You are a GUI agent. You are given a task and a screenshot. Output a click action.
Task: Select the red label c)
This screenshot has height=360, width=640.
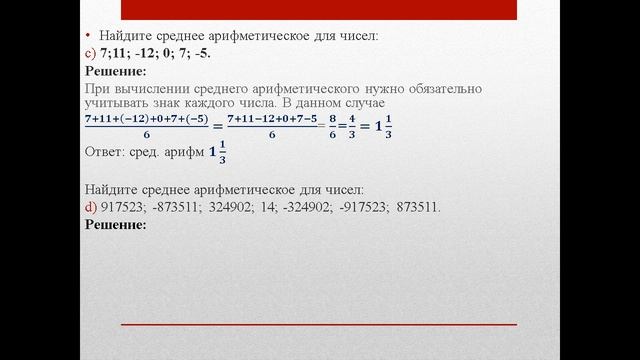point(90,54)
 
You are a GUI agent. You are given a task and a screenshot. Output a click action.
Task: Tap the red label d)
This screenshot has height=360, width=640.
point(90,207)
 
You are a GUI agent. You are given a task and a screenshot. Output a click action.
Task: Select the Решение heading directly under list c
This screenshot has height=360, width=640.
point(116,71)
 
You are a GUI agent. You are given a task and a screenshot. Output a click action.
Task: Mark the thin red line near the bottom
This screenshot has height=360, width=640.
point(319,325)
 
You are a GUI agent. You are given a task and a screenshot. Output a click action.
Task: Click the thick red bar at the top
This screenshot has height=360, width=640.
point(319,10)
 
